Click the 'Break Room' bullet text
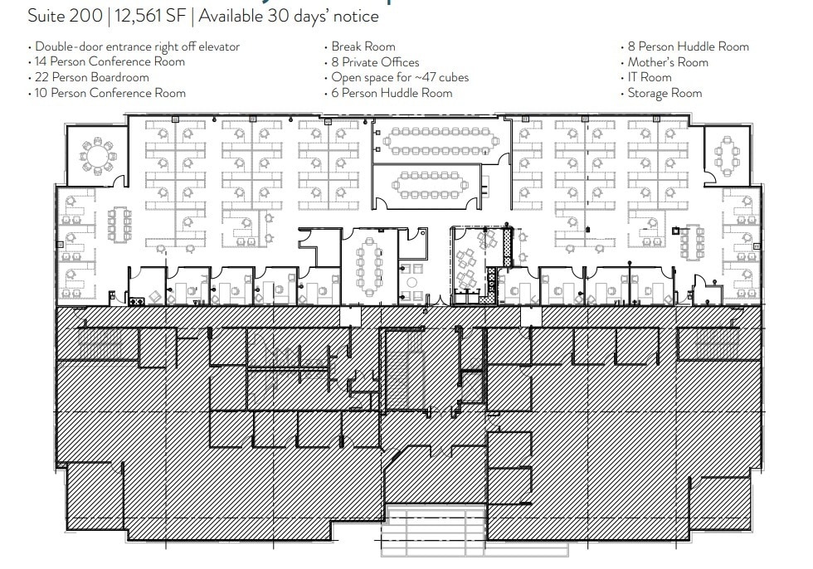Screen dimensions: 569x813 click(x=363, y=46)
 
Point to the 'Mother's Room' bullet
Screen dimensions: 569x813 click(x=668, y=62)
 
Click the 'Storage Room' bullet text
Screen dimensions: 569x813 click(x=665, y=93)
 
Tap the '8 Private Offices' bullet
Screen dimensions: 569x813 click(x=375, y=62)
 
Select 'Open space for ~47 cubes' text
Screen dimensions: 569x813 click(x=400, y=77)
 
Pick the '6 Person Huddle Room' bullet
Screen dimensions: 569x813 click(x=392, y=93)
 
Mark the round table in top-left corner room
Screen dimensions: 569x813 click(x=98, y=155)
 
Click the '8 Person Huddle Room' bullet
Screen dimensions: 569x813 click(x=688, y=46)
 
